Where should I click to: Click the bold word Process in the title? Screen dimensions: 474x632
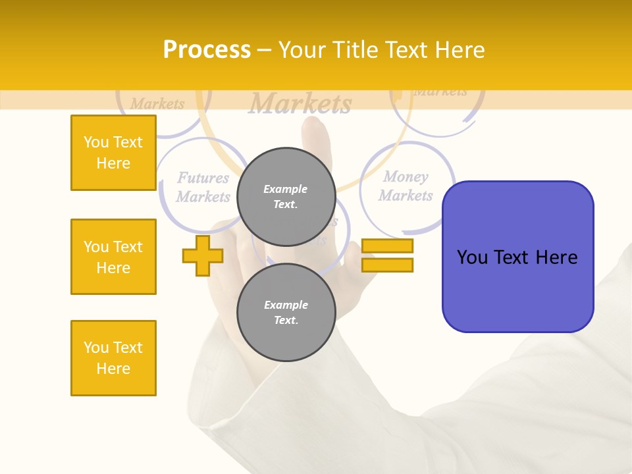tap(207, 50)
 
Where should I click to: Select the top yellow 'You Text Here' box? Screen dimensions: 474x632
tap(113, 153)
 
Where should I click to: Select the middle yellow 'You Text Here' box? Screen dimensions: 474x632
tap(113, 257)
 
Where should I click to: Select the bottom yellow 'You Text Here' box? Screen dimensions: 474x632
tap(113, 358)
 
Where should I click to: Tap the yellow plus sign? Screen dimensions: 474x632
tap(202, 256)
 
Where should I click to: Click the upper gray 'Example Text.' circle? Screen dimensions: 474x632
tap(286, 197)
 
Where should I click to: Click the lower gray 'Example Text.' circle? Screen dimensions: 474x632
tap(286, 313)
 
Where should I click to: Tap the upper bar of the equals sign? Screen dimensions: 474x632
tap(387, 246)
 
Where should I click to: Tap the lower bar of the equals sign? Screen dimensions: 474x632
tap(387, 265)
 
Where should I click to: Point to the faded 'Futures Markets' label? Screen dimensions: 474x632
tap(203, 187)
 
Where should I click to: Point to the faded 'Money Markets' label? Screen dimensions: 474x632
tap(406, 186)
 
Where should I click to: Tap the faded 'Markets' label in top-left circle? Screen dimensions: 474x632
tap(157, 104)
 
